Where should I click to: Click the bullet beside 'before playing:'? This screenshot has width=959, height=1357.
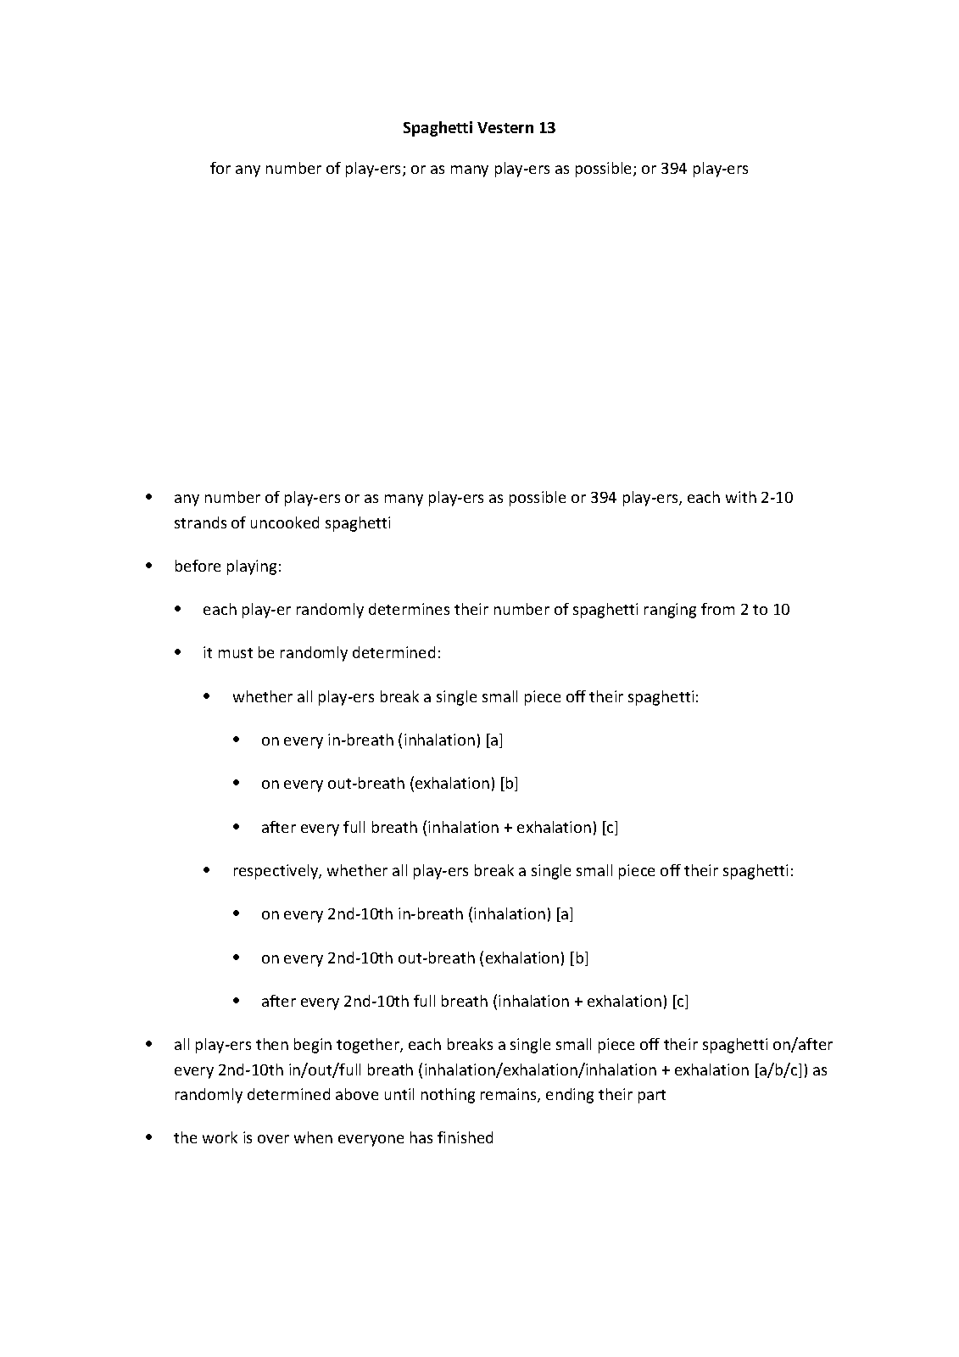[x=150, y=566]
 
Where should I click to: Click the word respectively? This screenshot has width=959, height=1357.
[x=277, y=871]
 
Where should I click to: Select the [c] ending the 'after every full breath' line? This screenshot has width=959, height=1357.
[x=610, y=827]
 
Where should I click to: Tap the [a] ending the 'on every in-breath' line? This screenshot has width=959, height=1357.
[x=494, y=740]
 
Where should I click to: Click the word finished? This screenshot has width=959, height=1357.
[x=465, y=1138]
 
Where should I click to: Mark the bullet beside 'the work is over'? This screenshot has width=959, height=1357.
[x=150, y=1137]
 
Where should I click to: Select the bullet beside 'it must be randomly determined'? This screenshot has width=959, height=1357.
[x=178, y=652]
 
